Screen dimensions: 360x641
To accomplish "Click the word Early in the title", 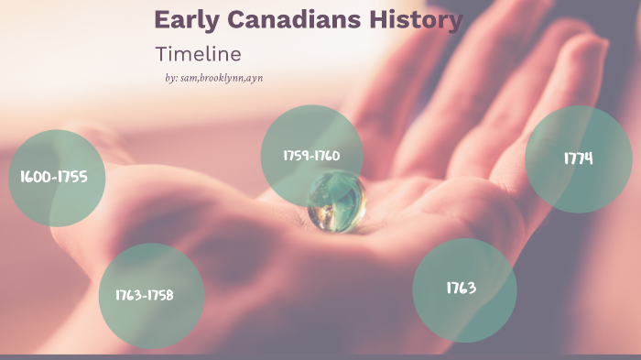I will tap(183, 19).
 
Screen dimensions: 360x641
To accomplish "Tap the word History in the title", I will tap(420, 19).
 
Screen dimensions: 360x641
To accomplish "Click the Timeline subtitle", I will tap(198, 54).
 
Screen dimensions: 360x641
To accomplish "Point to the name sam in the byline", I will tap(190, 79).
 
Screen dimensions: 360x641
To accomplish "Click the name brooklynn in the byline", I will tap(223, 79).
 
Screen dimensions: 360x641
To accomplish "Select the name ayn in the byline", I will tap(255, 79).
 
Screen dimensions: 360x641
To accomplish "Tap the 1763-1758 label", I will tap(144, 295).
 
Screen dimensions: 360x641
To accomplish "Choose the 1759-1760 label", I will tap(312, 156).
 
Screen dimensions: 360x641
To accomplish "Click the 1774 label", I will tap(578, 158).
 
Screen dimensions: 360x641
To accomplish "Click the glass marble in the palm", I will tap(336, 202).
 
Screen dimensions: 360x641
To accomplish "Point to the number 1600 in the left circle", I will tap(34, 177).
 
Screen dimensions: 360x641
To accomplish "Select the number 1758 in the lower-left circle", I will tap(160, 295).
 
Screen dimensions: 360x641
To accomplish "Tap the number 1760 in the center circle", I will tap(328, 156).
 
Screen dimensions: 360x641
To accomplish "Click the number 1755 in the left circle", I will tap(73, 177).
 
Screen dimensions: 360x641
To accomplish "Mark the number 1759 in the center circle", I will tap(296, 156).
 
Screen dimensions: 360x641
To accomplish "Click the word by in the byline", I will tap(170, 79).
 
